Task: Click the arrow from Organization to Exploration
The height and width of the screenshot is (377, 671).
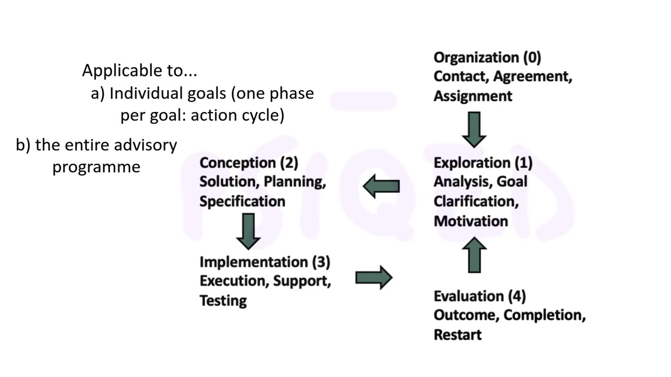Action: point(474,129)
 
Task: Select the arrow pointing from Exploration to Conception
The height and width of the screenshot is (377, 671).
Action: point(381,186)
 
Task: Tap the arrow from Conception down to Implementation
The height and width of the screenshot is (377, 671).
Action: point(248,231)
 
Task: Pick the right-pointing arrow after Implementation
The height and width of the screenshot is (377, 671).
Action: point(373,278)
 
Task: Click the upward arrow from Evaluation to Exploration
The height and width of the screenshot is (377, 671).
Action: point(474,255)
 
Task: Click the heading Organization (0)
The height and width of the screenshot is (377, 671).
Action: point(487,57)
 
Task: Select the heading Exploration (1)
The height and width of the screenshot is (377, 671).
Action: point(483,163)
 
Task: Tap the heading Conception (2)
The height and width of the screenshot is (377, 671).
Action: point(248,163)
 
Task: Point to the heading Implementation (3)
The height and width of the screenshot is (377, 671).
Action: point(265,261)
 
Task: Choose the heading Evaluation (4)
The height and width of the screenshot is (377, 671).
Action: point(479,296)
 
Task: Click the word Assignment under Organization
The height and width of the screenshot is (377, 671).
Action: point(472,96)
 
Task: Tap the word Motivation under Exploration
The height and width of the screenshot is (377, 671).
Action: point(471,221)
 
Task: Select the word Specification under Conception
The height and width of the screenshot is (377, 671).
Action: point(242,202)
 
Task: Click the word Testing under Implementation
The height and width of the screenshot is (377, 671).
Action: point(223,301)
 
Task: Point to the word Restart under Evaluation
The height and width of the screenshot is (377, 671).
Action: point(457,335)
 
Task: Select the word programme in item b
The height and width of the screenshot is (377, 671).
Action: point(96,167)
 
